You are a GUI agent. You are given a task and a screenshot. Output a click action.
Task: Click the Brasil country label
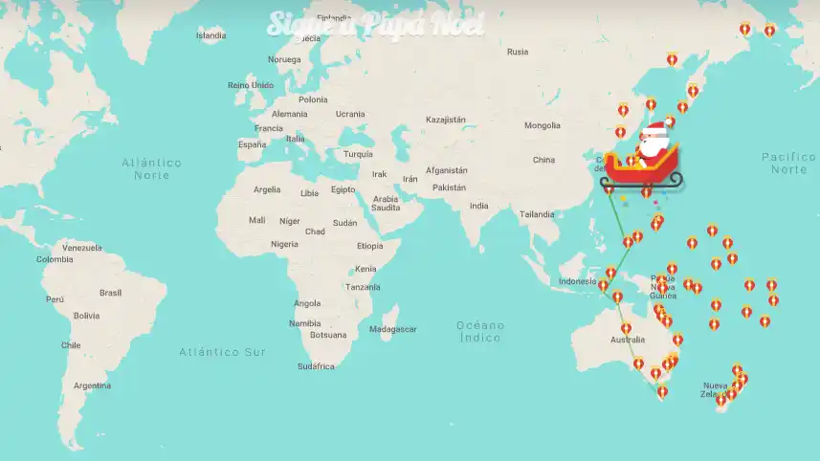click(x=111, y=293)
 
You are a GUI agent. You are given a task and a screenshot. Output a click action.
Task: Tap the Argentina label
click(x=92, y=385)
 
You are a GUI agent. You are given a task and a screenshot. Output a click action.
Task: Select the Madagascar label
click(x=393, y=329)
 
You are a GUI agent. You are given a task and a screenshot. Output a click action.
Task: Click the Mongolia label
click(x=543, y=125)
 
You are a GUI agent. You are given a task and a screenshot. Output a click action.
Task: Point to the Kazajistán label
click(x=445, y=120)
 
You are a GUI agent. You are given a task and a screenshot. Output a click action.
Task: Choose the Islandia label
click(x=211, y=36)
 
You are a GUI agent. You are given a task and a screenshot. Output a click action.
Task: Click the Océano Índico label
click(x=480, y=331)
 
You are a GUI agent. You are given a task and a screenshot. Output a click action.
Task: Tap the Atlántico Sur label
click(x=222, y=352)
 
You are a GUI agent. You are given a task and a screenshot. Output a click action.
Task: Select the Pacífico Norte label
click(x=789, y=163)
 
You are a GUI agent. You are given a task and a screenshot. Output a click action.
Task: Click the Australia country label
click(x=628, y=340)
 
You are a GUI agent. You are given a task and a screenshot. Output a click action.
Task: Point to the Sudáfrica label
click(x=316, y=366)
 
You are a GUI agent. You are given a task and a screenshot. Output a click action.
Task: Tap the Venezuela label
click(x=82, y=248)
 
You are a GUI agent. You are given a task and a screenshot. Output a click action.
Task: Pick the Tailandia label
click(x=537, y=214)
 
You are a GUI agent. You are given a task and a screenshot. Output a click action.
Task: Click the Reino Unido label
click(x=250, y=85)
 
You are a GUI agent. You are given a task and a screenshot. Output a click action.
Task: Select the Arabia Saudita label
click(x=386, y=204)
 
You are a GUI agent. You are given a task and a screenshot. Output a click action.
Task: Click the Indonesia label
click(x=578, y=281)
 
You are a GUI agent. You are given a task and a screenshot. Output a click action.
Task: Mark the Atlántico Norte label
click(x=152, y=168)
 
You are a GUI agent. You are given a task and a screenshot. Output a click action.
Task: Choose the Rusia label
click(x=518, y=52)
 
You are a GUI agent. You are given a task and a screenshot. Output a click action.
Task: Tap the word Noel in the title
click(x=456, y=23)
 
